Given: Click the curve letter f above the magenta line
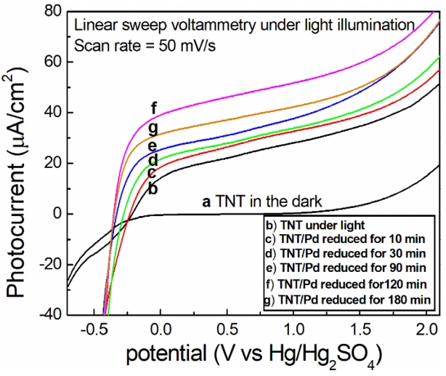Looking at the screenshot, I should point(154,109).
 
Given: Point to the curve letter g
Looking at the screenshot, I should point(153,129).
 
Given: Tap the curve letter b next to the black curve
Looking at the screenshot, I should point(153,188).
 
